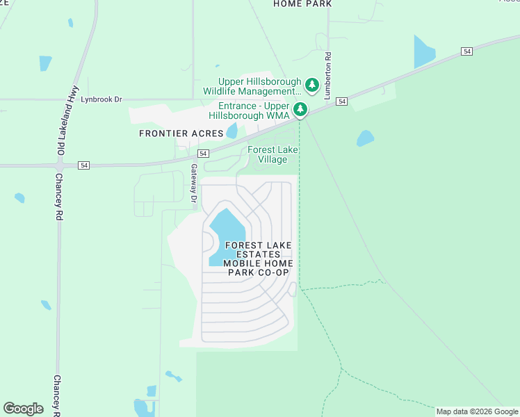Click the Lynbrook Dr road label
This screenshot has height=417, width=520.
pyautogui.click(x=101, y=99)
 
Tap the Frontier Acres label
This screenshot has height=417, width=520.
pyautogui.click(x=181, y=133)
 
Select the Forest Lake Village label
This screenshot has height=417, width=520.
pyautogui.click(x=268, y=154)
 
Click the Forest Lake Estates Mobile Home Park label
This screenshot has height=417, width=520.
pyautogui.click(x=258, y=259)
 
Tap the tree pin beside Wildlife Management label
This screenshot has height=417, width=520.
pyautogui.click(x=312, y=86)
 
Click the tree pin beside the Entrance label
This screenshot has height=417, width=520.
pyautogui.click(x=300, y=109)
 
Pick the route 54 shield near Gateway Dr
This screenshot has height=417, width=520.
pyautogui.click(x=203, y=153)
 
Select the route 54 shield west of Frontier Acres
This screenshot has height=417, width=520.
pyautogui.click(x=84, y=165)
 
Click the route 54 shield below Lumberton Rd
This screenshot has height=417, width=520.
pyautogui.click(x=341, y=101)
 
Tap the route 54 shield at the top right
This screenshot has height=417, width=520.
pyautogui.click(x=467, y=51)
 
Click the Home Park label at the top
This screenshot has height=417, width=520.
pyautogui.click(x=302, y=3)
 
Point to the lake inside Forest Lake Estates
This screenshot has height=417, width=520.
pyautogui.click(x=227, y=233)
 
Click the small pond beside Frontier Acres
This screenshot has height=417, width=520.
pyautogui.click(x=231, y=130)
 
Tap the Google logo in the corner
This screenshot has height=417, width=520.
pyautogui.click(x=24, y=409)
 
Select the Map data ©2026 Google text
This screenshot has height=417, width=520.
pyautogui.click(x=477, y=411)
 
